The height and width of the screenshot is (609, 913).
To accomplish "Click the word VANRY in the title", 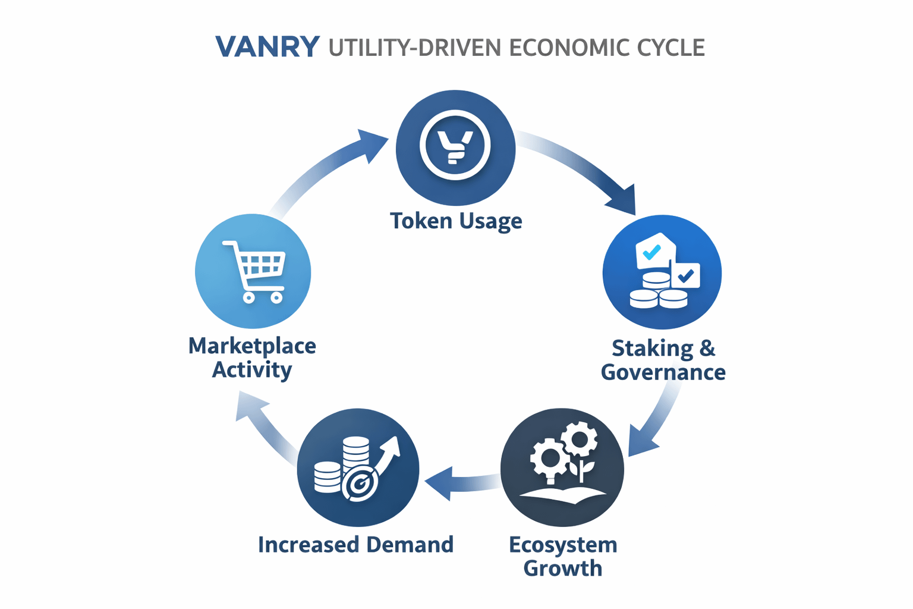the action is [267, 47].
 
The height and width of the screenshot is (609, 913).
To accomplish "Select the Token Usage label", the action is [456, 221].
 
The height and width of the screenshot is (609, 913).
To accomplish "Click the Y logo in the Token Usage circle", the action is [455, 146].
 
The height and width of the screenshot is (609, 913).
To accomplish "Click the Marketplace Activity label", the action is [252, 357].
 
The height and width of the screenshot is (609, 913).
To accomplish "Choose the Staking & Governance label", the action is [663, 360].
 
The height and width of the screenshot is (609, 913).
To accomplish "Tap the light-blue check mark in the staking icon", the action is [652, 252].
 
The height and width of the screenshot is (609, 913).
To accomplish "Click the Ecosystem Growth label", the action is [563, 556].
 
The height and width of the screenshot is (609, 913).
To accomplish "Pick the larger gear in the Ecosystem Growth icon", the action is [548, 459].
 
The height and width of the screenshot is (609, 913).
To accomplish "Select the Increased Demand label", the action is [355, 544].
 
